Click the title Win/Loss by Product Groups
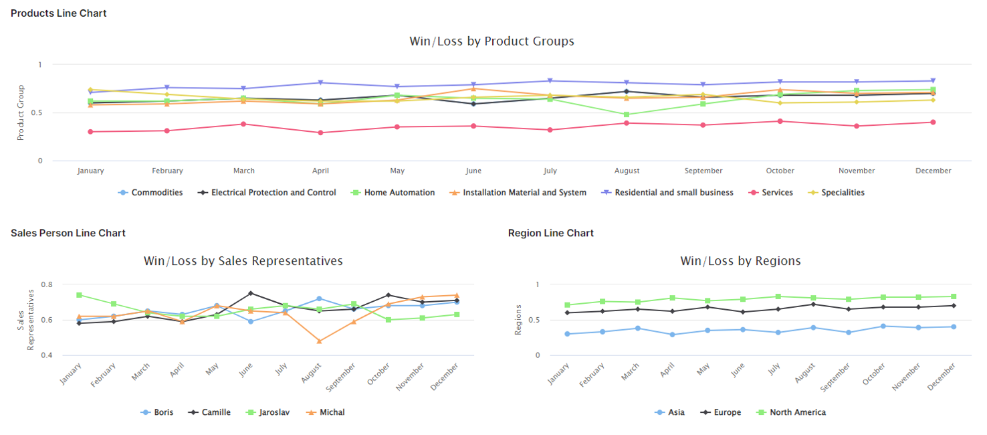tap(491, 41)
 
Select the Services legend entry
tap(777, 193)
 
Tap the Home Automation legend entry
tap(399, 193)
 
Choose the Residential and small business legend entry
tap(673, 193)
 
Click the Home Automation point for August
tap(627, 114)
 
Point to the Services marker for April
tap(320, 133)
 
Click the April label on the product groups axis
tap(320, 171)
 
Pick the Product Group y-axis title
tap(21, 112)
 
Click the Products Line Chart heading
tap(59, 13)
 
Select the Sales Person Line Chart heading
tap(68, 233)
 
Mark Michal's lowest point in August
tap(319, 341)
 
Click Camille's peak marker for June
tap(251, 293)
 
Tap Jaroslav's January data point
tap(79, 295)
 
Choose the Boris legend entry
tap(163, 412)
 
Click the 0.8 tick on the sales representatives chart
tap(46, 284)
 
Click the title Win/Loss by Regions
tap(740, 261)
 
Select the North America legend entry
tap(797, 412)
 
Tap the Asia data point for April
tap(672, 335)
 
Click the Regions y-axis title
tap(518, 320)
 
